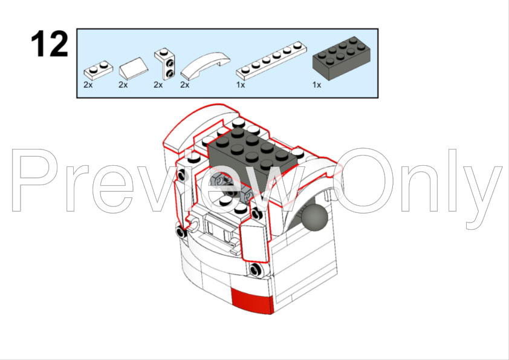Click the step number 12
[50, 44]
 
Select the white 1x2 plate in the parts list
[99, 70]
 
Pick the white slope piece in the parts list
[134, 68]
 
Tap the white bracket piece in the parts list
[164, 64]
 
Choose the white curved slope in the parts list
[205, 67]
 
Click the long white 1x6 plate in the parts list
[271, 61]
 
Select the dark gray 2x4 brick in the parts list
[342, 59]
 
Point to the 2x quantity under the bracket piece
[158, 85]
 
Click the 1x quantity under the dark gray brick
[317, 85]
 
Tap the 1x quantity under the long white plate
[241, 85]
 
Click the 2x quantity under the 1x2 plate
[88, 85]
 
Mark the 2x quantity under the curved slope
[185, 85]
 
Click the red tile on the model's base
[252, 301]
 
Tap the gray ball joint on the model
[314, 218]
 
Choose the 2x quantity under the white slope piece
[123, 85]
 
